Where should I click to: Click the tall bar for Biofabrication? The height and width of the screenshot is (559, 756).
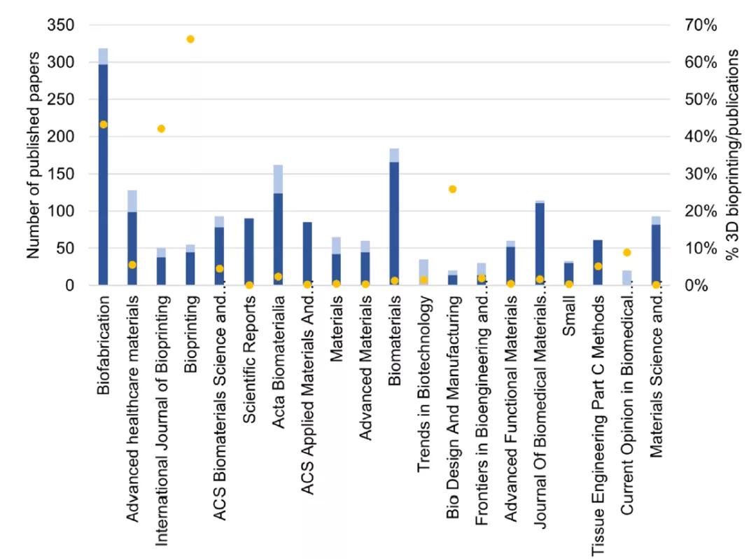[103, 168]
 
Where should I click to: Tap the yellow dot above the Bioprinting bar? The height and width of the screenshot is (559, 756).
[190, 39]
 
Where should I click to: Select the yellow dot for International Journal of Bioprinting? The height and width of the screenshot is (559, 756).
[161, 129]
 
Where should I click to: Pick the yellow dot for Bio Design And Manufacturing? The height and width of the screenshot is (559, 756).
[452, 189]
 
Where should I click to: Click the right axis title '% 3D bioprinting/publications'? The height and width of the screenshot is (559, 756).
[731, 154]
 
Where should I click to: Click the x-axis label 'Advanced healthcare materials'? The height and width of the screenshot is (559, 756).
[132, 382]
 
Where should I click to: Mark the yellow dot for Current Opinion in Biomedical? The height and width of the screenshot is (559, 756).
[627, 252]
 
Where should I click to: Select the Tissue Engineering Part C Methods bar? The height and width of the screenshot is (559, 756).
[598, 263]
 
